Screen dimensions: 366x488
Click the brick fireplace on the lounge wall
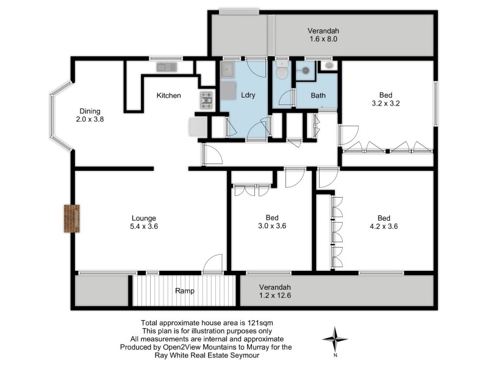pos(72,218)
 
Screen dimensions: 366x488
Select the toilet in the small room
pos(281,71)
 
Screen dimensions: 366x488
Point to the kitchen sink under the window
pos(166,67)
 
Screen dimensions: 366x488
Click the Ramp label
pos(184,291)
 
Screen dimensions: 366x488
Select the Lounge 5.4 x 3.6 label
pos(144,222)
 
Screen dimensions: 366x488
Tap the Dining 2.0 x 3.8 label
pos(91,115)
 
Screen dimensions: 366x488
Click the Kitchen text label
pos(168,96)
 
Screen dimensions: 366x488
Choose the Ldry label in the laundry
pos(248,96)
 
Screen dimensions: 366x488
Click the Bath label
pos(318,96)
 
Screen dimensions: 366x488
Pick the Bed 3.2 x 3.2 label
pos(386,99)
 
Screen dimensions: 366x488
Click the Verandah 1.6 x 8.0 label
pos(323,35)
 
